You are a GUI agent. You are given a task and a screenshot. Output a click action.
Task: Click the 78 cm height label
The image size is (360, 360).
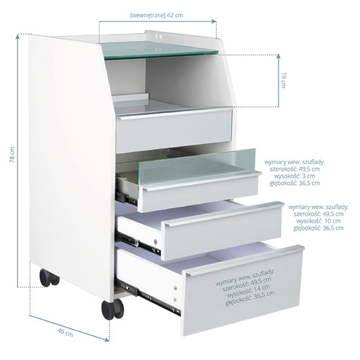12,155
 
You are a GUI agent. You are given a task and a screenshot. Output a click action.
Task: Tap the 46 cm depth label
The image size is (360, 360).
66,332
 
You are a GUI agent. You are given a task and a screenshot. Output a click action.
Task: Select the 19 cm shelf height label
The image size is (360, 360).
284,80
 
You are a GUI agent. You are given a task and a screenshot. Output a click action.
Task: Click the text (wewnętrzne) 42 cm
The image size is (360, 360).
156,15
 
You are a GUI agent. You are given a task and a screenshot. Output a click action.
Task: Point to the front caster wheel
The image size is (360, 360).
112,309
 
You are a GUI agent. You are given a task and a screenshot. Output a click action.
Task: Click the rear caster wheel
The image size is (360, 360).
49,278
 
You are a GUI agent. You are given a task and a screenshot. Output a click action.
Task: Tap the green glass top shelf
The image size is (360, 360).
160,50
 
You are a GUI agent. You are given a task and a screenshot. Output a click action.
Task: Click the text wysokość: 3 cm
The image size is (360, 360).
294,176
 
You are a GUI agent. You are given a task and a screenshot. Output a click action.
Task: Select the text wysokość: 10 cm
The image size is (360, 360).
318,221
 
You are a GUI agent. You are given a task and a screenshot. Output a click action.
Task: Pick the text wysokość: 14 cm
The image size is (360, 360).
248,289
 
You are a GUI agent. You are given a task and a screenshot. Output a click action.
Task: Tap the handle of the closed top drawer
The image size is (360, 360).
174,114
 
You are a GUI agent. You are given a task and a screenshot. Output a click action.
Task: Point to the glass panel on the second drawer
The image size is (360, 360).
197,166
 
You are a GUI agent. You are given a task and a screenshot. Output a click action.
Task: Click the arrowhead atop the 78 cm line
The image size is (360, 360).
17,37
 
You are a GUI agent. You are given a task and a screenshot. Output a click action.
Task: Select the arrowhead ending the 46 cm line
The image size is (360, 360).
107,339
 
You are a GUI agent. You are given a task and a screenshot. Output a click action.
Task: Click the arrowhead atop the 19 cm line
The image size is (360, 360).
279,57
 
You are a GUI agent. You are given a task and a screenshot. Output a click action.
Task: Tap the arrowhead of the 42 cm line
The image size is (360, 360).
214,21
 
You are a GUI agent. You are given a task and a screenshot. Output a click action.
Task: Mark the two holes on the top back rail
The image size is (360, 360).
158,37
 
